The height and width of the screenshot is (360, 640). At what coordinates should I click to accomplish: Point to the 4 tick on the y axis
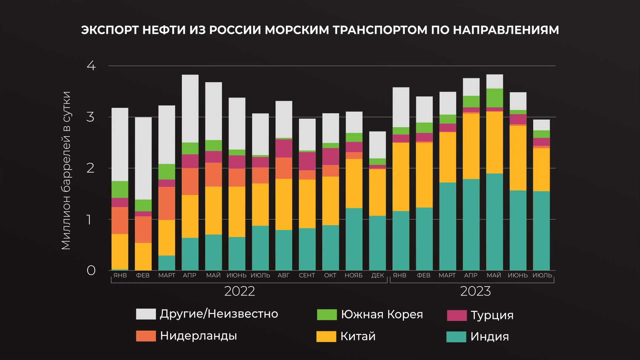point(91,66)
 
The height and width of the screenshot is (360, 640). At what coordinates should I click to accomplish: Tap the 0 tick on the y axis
point(91,271)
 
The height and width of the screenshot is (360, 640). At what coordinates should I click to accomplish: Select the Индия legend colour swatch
point(456,337)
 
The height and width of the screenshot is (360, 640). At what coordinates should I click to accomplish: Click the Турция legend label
point(492,315)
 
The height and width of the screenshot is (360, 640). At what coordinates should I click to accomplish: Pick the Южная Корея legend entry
point(382,315)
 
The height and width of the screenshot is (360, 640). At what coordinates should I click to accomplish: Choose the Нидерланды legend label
point(198,336)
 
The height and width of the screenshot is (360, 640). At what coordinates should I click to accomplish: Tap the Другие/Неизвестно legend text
point(219,314)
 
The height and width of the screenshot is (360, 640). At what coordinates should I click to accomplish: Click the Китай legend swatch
point(326,337)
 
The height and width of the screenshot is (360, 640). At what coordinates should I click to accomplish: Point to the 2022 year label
point(239,291)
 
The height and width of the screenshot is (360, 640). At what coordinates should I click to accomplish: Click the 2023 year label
point(475,291)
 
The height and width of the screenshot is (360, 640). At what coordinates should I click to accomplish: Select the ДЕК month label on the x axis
point(377,275)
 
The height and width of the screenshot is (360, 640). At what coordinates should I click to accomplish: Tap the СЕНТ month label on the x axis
point(307,275)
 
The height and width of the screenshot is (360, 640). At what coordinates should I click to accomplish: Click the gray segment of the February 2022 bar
point(143,158)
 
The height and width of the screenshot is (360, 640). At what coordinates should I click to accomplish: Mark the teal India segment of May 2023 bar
point(494,222)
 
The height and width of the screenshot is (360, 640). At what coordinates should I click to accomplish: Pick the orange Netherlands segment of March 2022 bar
point(167,203)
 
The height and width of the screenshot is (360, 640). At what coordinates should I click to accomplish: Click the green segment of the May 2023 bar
point(494,98)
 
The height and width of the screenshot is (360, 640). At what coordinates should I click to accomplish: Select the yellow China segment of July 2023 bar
point(541,169)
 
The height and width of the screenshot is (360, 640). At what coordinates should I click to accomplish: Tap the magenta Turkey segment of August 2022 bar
point(284,149)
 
